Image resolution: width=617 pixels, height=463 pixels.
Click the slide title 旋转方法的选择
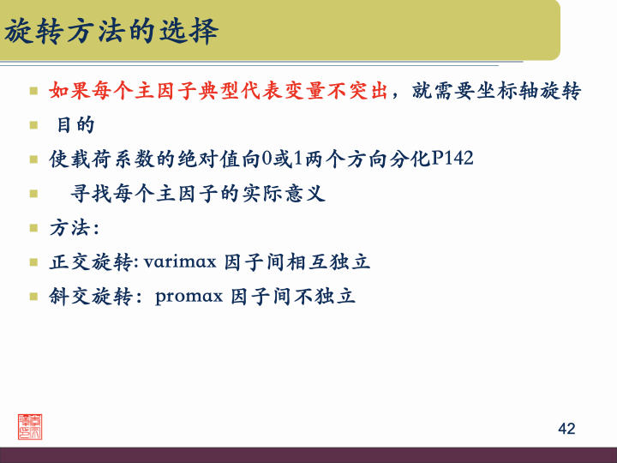[111, 32]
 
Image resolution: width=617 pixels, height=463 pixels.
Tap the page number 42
[566, 429]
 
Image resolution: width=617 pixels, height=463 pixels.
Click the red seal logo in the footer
[30, 426]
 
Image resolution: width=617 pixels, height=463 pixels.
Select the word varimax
[183, 262]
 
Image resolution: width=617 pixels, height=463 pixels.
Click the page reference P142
[452, 159]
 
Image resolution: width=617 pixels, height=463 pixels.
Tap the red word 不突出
[357, 90]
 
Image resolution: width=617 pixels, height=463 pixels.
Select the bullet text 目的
[75, 124]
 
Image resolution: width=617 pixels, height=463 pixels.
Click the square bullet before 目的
[33, 124]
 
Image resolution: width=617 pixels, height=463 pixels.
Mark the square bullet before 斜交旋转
[33, 297]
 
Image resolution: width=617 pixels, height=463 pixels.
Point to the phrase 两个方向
[345, 159]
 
